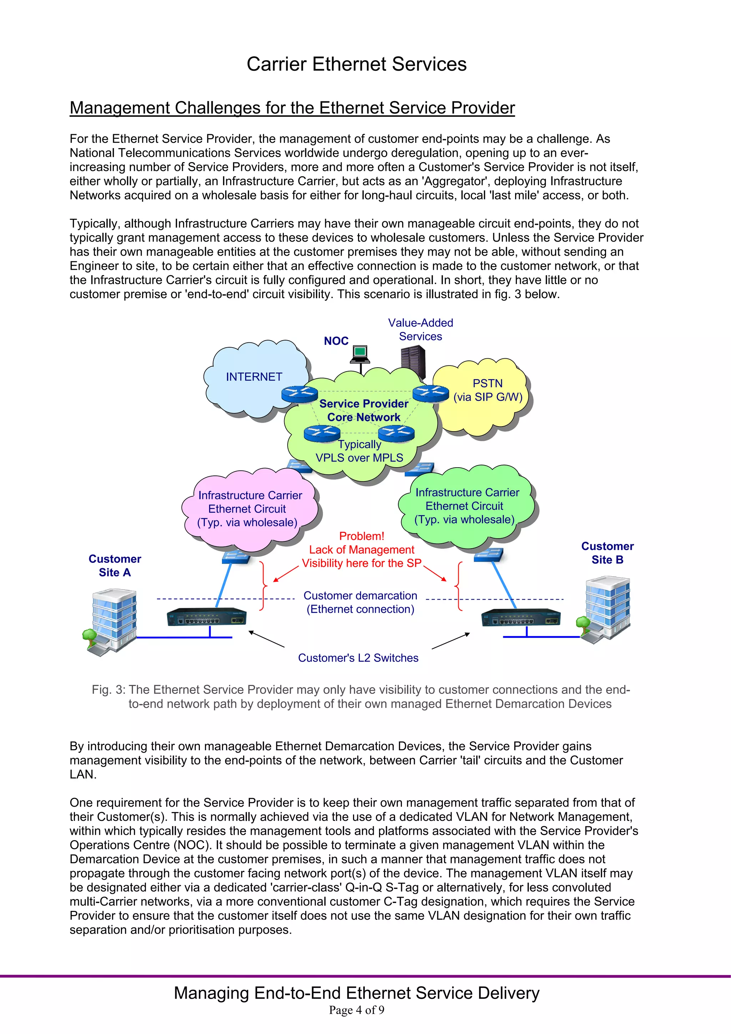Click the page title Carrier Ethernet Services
pyautogui.click(x=356, y=64)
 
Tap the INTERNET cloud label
pyautogui.click(x=254, y=377)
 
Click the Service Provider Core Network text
pyautogui.click(x=363, y=410)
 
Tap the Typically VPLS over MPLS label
pyautogui.click(x=359, y=451)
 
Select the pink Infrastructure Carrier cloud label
pyautogui.click(x=249, y=509)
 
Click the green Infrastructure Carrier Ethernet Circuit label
pyautogui.click(x=466, y=506)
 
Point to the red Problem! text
pyautogui.click(x=362, y=536)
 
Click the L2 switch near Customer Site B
pyautogui.click(x=521, y=617)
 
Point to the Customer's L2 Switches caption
pyautogui.click(x=358, y=658)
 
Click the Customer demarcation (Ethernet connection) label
pyautogui.click(x=360, y=602)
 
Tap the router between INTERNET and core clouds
pyautogui.click(x=299, y=394)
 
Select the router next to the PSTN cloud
pyautogui.click(x=430, y=394)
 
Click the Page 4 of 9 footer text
pyautogui.click(x=356, y=1010)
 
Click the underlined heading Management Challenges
pyautogui.click(x=292, y=108)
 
